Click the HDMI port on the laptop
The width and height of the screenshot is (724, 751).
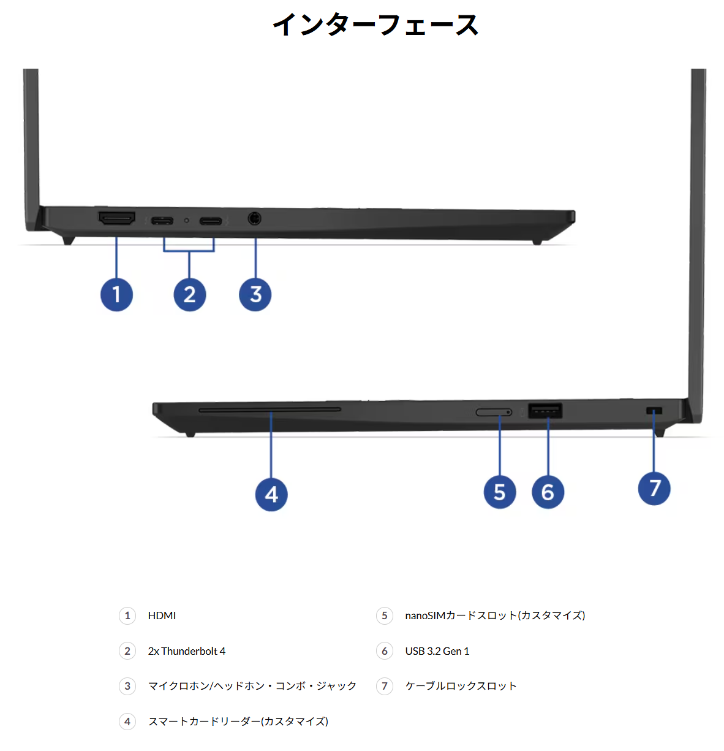pos(117,218)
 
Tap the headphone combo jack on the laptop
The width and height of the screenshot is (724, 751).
pos(254,218)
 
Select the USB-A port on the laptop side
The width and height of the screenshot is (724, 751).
pos(545,410)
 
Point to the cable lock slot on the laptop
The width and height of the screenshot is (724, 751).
pos(654,411)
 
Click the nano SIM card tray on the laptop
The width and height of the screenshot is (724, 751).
pos(494,412)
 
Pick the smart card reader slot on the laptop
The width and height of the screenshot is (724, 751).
pos(270,409)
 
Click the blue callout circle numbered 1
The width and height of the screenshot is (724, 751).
pos(116,295)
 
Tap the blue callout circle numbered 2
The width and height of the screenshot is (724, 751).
pos(189,295)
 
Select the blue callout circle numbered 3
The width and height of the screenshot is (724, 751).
pos(255,295)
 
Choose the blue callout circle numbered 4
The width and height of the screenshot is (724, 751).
pos(271,495)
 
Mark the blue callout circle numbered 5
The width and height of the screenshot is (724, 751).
pos(500,492)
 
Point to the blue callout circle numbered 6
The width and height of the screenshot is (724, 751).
pos(548,492)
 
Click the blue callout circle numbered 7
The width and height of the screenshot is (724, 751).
pos(654,489)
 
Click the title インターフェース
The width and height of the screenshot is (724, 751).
pos(375,25)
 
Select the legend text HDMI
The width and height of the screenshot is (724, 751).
pos(162,616)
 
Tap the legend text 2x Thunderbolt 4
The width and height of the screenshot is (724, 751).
pos(187,651)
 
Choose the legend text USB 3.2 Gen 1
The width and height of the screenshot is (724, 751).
pos(437,651)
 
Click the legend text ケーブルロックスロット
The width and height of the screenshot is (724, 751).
pos(461,686)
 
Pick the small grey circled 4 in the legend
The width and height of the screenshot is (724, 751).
pos(127,722)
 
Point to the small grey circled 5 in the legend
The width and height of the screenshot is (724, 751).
pos(385,616)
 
